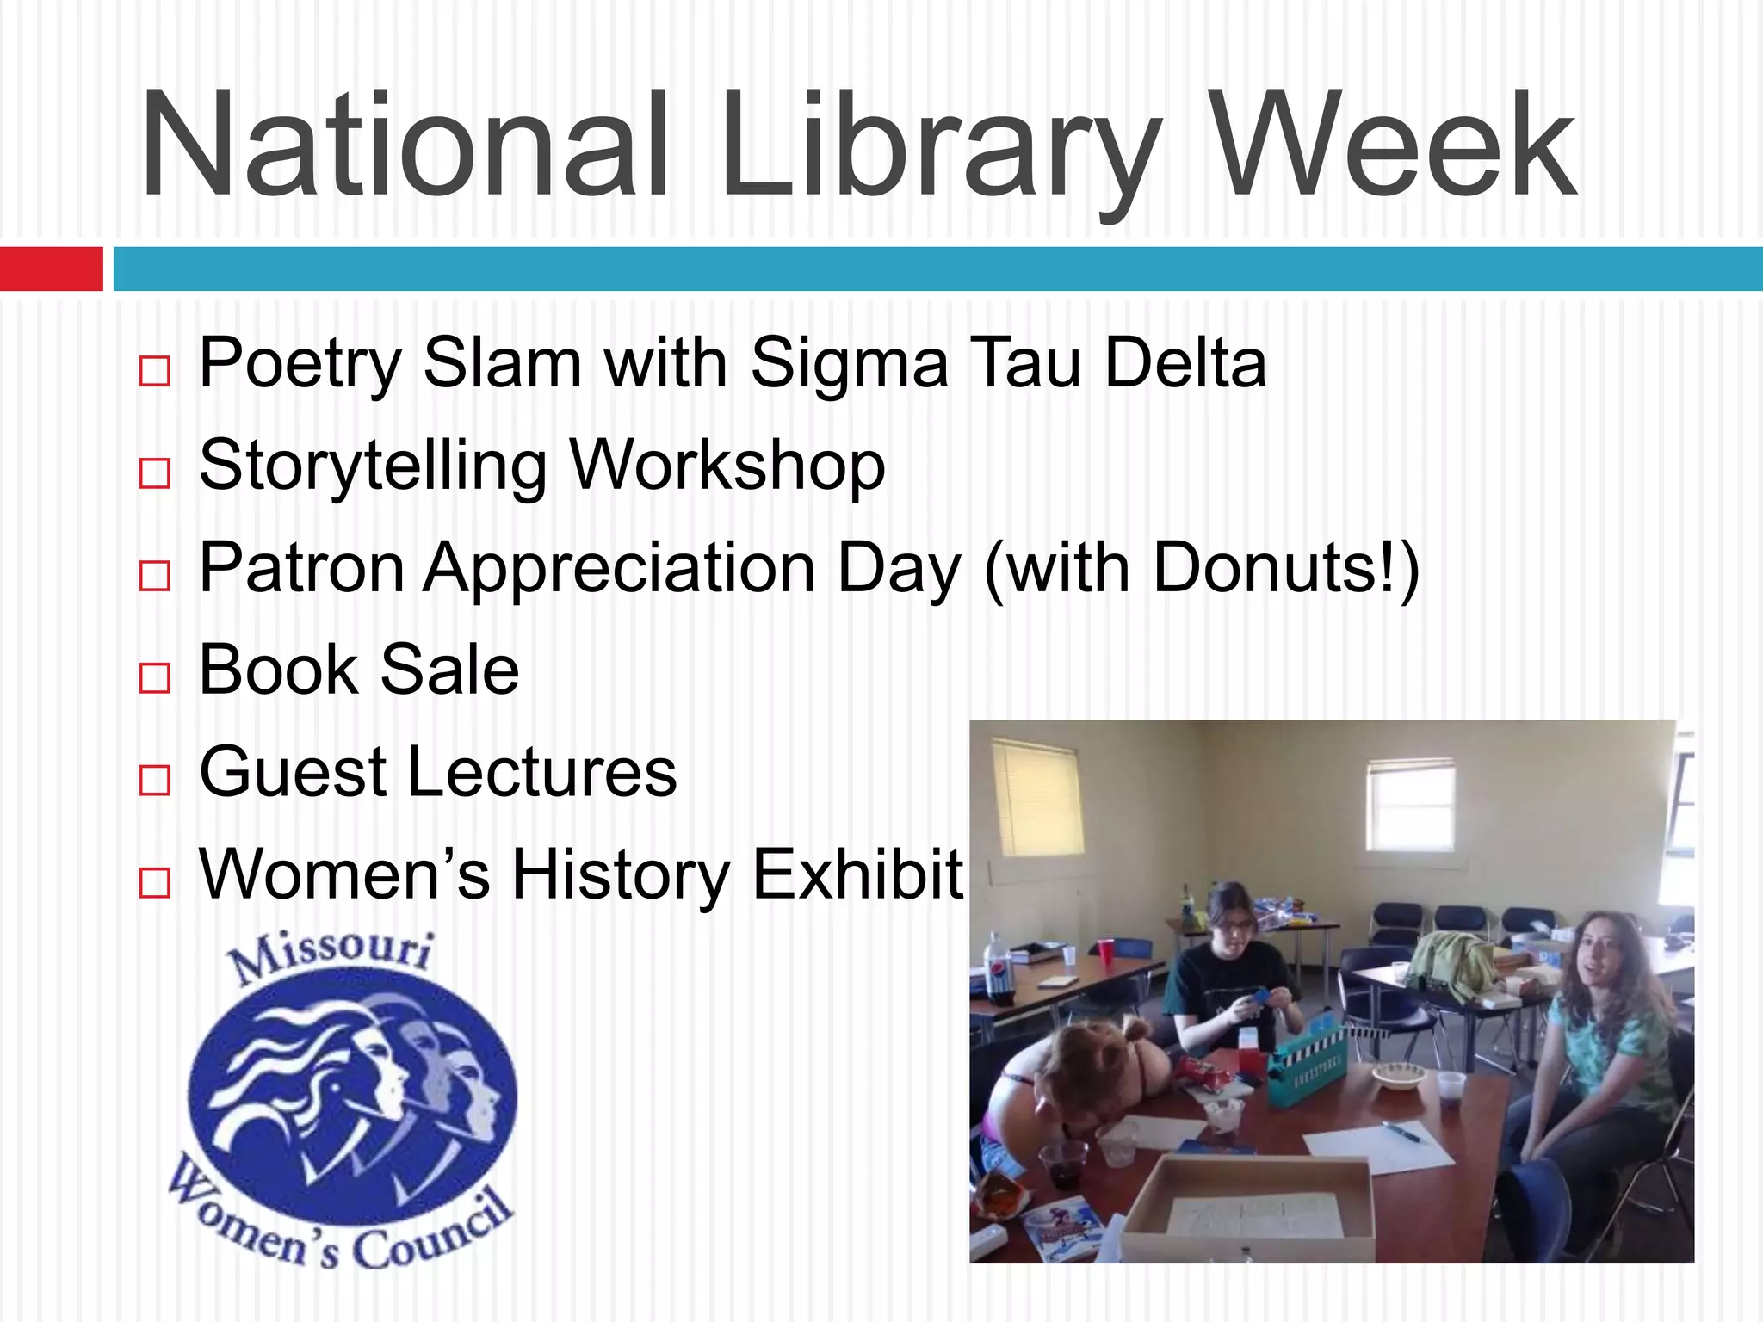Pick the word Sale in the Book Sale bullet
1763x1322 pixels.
(449, 670)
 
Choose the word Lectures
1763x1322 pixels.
(541, 772)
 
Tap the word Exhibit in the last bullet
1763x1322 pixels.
(857, 874)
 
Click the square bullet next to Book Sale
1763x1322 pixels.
(155, 677)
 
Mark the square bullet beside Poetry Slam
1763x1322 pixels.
(155, 371)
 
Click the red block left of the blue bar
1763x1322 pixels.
(51, 269)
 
